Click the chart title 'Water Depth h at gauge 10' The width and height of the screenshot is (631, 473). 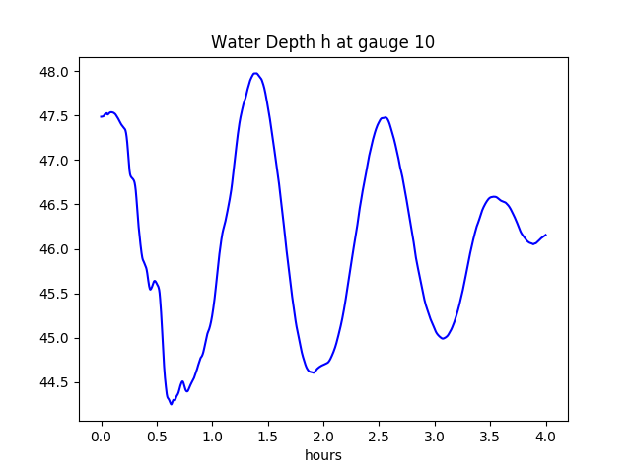click(x=322, y=43)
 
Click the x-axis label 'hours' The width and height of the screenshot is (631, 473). click(x=322, y=455)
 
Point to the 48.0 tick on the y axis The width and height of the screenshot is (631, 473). click(x=55, y=72)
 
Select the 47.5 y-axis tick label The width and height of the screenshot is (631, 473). click(x=55, y=116)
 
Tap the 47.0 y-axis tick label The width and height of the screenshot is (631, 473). click(x=55, y=161)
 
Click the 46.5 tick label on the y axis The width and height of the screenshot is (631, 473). click(x=55, y=205)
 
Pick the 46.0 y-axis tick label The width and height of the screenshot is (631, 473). click(x=55, y=249)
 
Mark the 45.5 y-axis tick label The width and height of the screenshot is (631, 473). click(x=55, y=294)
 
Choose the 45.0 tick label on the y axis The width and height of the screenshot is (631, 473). click(x=55, y=338)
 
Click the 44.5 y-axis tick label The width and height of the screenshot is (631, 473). click(x=55, y=382)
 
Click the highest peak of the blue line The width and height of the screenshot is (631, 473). click(x=255, y=73)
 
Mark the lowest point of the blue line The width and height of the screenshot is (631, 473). click(x=172, y=403)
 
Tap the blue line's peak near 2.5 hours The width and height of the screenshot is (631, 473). click(x=385, y=117)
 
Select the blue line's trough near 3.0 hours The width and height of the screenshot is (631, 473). click(x=444, y=338)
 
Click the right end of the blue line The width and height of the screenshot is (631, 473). click(x=546, y=235)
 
